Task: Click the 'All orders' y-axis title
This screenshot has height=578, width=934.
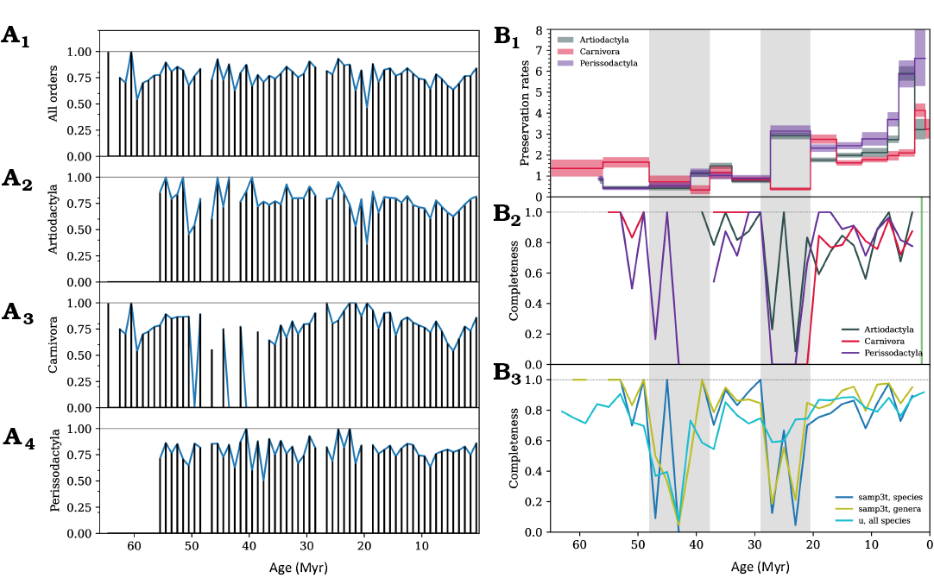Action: coord(54,93)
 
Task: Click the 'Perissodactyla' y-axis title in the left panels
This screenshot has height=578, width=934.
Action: coord(54,480)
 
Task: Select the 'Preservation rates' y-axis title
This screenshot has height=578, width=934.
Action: coord(524,114)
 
